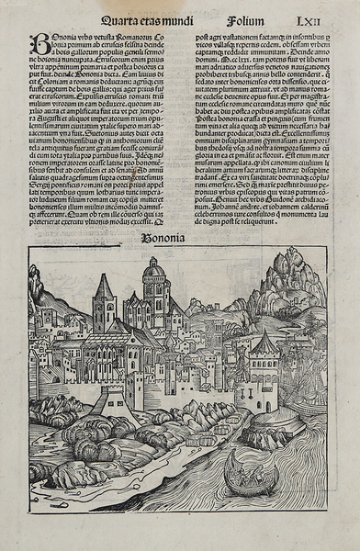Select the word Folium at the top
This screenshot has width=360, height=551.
coord(248,16)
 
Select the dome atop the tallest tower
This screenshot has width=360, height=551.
coord(154,269)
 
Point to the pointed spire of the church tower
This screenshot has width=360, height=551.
coord(103,286)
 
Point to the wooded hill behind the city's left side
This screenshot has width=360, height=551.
coord(46,294)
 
